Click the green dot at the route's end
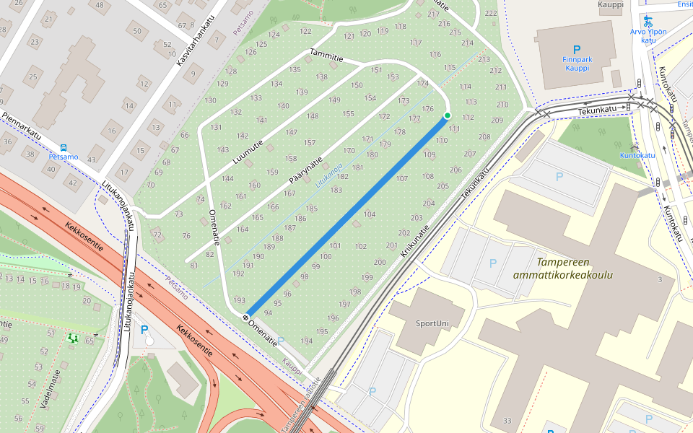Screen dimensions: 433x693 [x=447, y=115]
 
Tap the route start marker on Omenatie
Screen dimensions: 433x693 [x=246, y=317]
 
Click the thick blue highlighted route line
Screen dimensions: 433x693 [x=346, y=216]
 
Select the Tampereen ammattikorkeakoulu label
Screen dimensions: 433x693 [x=562, y=268]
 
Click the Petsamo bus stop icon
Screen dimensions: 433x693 [x=64, y=146]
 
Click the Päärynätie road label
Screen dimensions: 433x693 [x=305, y=172]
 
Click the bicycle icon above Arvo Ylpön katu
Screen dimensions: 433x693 [x=648, y=21]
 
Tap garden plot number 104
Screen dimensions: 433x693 [x=370, y=214]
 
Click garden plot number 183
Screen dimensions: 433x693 [x=336, y=190]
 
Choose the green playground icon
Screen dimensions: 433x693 [x=71, y=337]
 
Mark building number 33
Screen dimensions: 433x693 [x=507, y=421]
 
